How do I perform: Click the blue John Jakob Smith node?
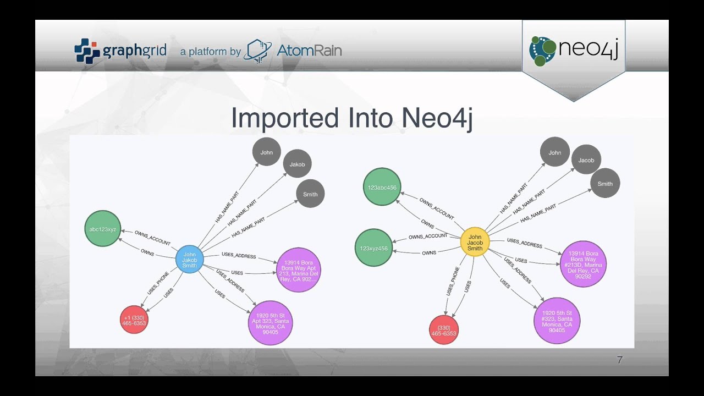click(x=189, y=260)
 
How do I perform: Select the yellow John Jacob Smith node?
click(x=475, y=242)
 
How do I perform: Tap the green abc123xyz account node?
click(x=102, y=228)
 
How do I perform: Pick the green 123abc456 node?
click(x=382, y=188)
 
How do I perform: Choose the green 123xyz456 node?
click(x=373, y=248)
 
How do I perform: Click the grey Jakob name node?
click(x=297, y=164)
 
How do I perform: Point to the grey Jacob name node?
click(x=586, y=160)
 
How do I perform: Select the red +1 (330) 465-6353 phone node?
click(x=134, y=320)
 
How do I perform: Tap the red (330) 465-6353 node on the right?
click(x=443, y=330)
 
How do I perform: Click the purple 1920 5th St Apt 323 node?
click(x=270, y=323)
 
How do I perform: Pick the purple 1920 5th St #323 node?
click(x=557, y=321)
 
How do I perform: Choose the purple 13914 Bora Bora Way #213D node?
click(x=583, y=264)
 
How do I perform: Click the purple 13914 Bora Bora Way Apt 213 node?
click(x=299, y=269)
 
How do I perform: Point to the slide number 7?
click(x=619, y=360)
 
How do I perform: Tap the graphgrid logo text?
click(x=134, y=51)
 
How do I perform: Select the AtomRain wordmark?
click(x=309, y=51)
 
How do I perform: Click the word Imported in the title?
click(x=284, y=118)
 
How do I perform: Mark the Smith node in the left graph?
click(x=310, y=194)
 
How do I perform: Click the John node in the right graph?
click(x=554, y=152)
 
